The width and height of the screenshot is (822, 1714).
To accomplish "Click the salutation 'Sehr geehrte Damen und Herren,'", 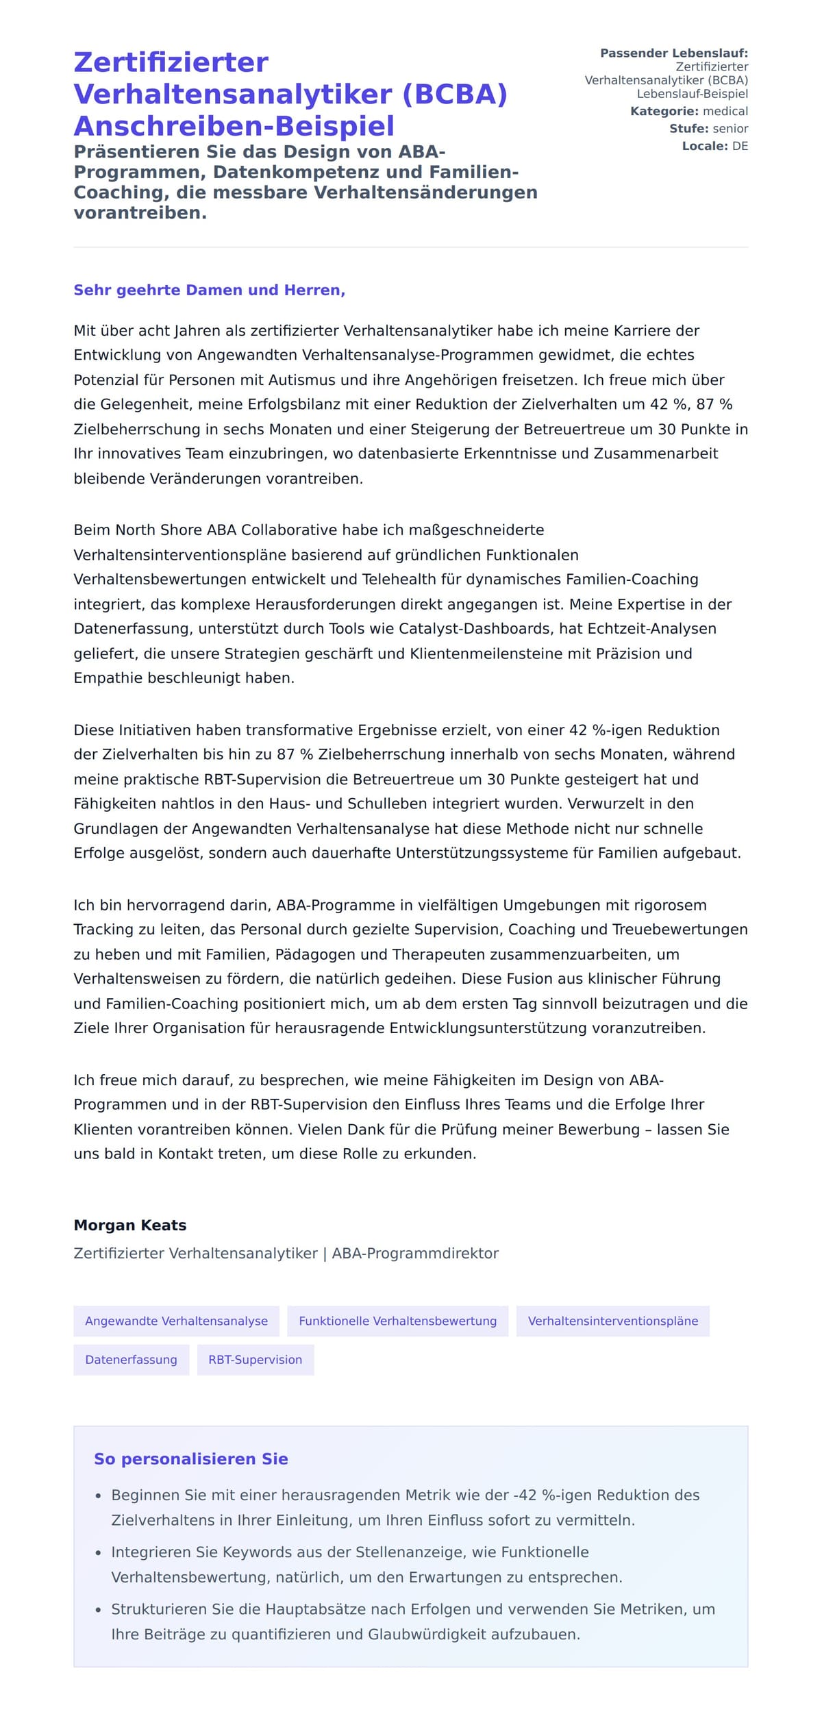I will [209, 290].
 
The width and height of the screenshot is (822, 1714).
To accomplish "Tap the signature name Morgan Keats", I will [129, 1225].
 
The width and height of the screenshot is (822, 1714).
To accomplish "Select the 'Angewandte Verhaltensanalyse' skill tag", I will [176, 1321].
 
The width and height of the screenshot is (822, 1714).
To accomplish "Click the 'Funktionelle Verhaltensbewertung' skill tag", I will [397, 1321].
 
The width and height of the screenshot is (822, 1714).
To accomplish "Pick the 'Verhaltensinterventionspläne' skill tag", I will [612, 1321].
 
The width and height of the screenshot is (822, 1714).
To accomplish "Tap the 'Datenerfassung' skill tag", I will [131, 1359].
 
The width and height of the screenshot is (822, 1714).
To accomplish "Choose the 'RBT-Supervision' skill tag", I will [255, 1359].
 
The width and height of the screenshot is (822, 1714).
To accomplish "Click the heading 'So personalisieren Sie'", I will [190, 1458].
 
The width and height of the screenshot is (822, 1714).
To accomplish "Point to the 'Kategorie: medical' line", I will [688, 111].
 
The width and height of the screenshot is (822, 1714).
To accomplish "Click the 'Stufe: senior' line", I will [708, 128].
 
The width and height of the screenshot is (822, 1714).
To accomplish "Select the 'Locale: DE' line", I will [714, 146].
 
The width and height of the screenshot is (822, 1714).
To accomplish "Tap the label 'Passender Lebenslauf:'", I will [673, 53].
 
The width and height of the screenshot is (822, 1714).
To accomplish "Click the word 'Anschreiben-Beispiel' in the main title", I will [234, 126].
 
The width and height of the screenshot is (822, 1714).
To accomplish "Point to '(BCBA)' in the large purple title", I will [454, 94].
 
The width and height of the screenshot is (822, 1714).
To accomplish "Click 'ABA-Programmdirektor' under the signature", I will [415, 1253].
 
